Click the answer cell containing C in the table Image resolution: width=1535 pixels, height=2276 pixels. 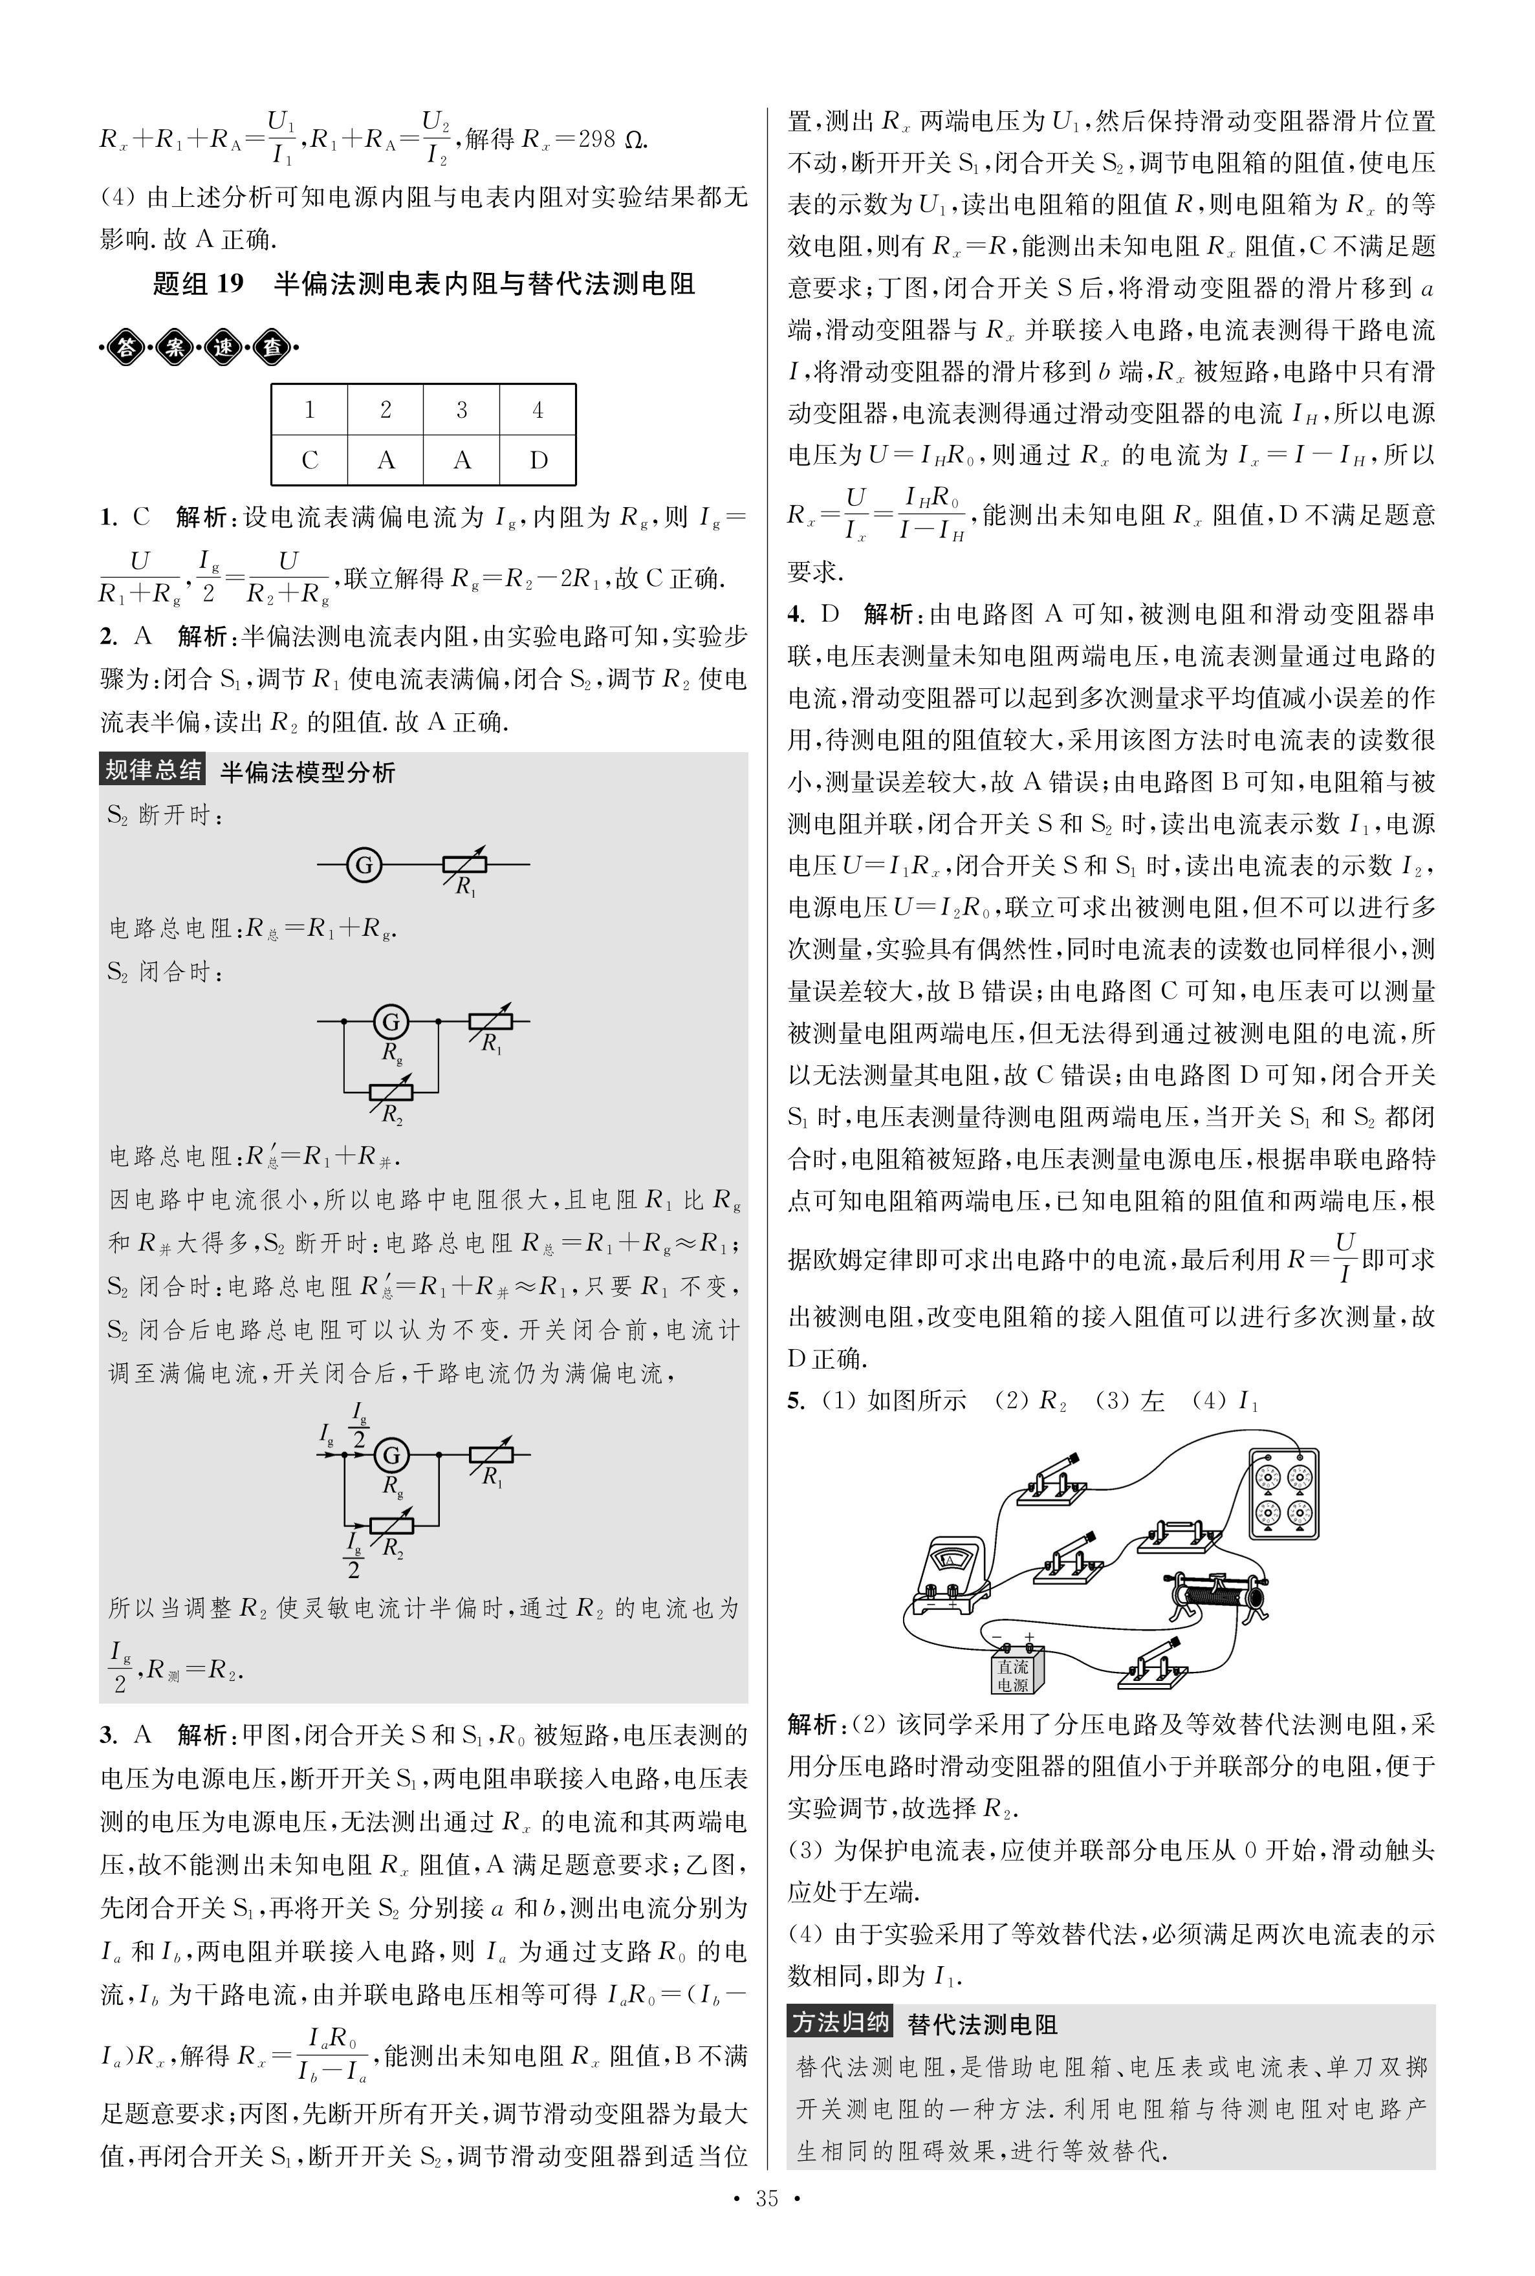pos(309,459)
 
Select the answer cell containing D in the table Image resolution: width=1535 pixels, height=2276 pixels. pos(538,459)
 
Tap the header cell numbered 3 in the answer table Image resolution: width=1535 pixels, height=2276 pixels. pos(461,409)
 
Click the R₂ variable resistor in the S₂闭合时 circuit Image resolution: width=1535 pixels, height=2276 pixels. pos(391,1092)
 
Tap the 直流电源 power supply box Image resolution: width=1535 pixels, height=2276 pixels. pos(1013,1670)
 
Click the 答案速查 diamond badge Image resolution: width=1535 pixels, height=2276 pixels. pos(201,347)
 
